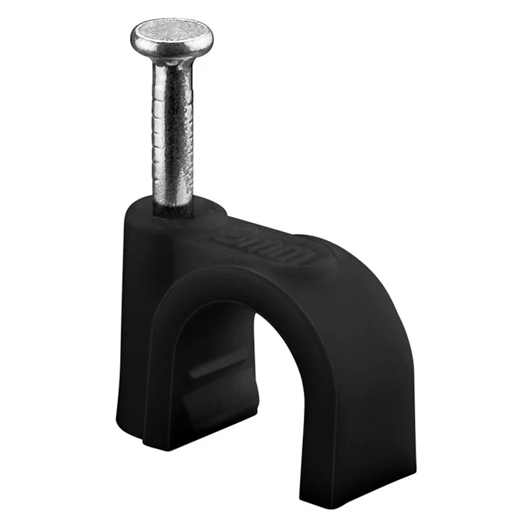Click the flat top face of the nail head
click(x=172, y=31)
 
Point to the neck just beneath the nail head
click(x=172, y=63)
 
